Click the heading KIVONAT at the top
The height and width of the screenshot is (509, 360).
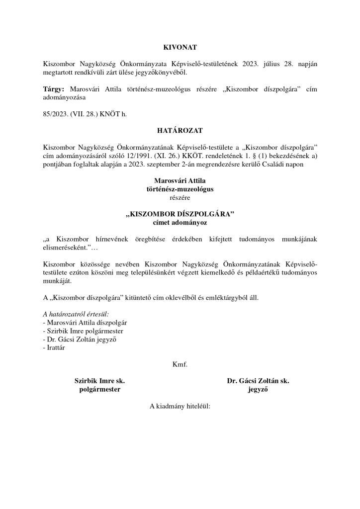click(180, 47)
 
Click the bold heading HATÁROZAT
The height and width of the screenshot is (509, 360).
click(180, 131)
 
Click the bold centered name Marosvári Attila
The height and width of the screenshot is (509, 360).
click(180, 181)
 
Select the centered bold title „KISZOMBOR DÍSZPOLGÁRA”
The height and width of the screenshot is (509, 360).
click(180, 215)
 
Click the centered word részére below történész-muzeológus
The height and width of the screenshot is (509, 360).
click(180, 197)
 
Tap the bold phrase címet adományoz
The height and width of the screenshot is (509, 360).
click(180, 223)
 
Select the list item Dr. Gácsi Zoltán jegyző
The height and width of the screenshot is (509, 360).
click(82, 339)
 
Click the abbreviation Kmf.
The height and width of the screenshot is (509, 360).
click(180, 364)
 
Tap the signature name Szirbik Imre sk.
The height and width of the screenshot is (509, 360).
click(99, 381)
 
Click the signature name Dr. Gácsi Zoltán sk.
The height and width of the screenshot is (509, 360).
click(258, 381)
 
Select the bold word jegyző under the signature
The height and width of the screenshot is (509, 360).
click(258, 390)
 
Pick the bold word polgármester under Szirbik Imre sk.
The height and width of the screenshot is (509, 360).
click(99, 390)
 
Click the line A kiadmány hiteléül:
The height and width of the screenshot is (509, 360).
click(180, 406)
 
